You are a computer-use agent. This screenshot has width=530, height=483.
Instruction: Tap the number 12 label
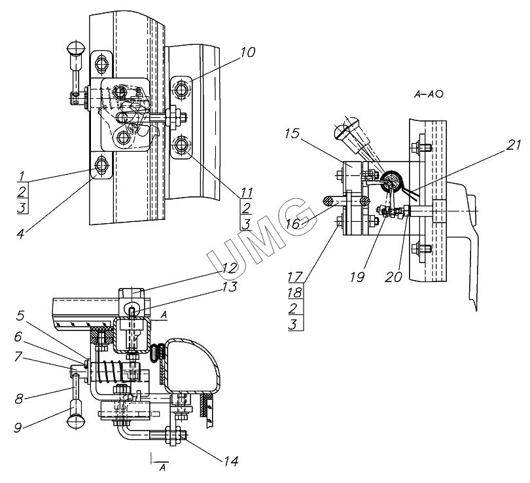(228, 268)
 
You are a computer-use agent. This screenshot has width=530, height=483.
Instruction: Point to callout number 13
(228, 286)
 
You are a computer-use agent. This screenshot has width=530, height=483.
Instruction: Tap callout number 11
(245, 192)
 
